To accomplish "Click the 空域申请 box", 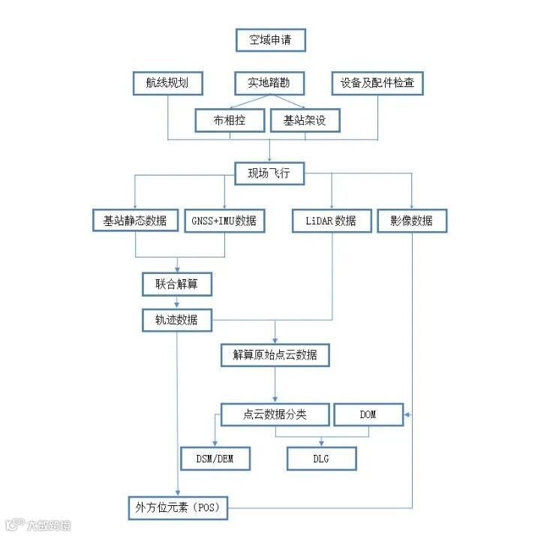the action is pos(270,40).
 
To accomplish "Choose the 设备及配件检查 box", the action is pos(377,83).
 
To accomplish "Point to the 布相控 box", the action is pos(229,120).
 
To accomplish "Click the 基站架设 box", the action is pos(305,120).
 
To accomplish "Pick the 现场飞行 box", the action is pos(269,173).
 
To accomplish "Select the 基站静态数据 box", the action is pos(136,221).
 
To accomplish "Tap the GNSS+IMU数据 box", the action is pos(224,221).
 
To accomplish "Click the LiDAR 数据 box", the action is pos(331,221).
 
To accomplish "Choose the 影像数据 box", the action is pos(411,221).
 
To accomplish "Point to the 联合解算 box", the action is pos(177,284).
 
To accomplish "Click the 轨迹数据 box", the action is pos(177,320).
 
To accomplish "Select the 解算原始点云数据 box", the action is pos(275,354).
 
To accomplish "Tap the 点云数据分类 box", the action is pos(275,414).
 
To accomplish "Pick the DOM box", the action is pos(368,414).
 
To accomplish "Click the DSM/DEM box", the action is pos(215,458).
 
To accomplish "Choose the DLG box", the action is pos(321,458).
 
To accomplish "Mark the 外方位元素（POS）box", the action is pos(177,507).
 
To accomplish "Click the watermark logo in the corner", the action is pos(38,525).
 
